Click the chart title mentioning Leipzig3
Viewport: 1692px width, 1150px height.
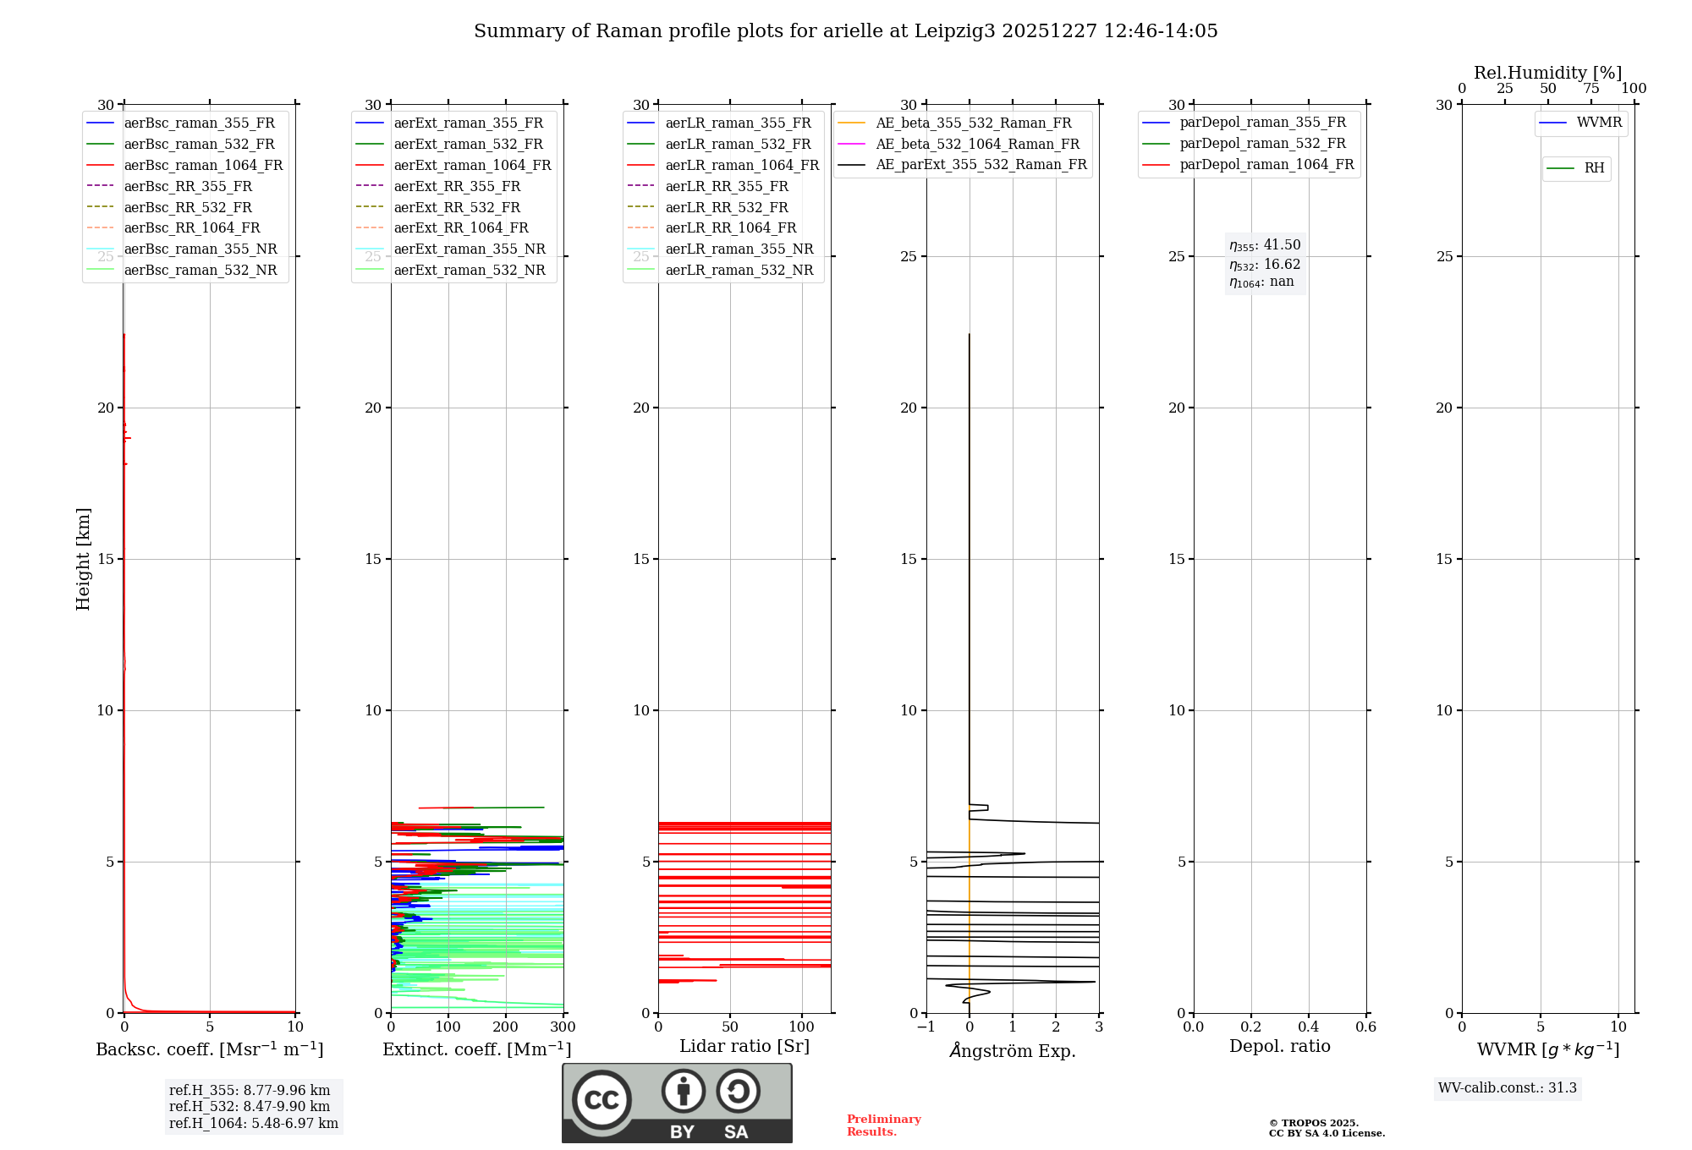click(845, 31)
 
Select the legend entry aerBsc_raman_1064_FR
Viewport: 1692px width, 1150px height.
click(203, 165)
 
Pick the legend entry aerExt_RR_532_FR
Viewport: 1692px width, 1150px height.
click(457, 207)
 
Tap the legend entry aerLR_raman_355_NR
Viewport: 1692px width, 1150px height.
click(739, 249)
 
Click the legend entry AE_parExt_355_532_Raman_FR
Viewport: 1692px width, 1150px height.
click(981, 164)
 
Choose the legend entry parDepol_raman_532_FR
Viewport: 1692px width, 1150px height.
click(1262, 144)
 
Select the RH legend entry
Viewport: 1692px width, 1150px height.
click(1594, 168)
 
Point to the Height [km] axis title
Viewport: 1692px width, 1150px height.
click(83, 558)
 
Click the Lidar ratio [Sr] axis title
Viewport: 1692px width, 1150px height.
click(744, 1046)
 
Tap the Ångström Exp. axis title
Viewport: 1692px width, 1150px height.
click(1013, 1050)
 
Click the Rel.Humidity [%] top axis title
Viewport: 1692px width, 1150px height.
click(1548, 73)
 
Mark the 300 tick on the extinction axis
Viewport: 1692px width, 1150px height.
click(563, 1027)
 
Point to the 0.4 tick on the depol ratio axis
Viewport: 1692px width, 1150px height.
click(1308, 1027)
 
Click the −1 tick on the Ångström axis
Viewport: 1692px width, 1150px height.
click(926, 1027)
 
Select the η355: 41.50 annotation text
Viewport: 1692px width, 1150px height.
click(1265, 245)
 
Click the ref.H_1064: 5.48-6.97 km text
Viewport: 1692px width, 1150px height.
click(254, 1123)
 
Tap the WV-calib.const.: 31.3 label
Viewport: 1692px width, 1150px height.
click(1508, 1087)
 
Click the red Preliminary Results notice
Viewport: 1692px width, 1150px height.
click(883, 1125)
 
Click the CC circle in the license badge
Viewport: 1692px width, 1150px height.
click(602, 1099)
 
